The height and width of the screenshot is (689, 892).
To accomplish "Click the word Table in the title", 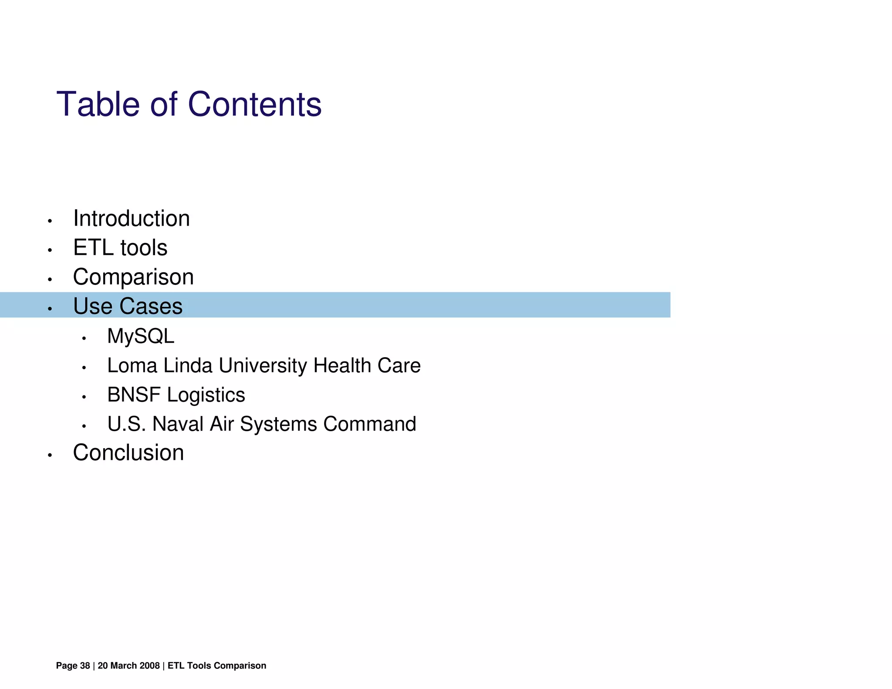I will click(98, 105).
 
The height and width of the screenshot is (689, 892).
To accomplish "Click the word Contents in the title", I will click(254, 105).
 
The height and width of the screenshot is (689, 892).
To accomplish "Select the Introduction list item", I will click(131, 218).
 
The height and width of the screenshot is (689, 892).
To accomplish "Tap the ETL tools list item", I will click(120, 247).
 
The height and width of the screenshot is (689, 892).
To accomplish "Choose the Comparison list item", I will click(133, 277).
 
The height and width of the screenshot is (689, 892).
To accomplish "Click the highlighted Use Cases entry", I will click(128, 306).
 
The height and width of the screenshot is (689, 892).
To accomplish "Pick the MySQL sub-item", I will click(141, 336).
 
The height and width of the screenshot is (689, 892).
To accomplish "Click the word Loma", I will click(132, 365).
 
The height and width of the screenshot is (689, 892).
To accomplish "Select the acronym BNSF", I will click(134, 395).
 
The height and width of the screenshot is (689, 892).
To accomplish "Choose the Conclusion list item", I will click(128, 453).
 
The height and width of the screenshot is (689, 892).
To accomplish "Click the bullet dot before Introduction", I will click(50, 221).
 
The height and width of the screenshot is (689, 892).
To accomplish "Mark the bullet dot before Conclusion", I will click(50, 456).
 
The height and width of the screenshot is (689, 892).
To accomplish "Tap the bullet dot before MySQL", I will click(84, 338).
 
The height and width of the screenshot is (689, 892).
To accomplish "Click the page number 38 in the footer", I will click(85, 665).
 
